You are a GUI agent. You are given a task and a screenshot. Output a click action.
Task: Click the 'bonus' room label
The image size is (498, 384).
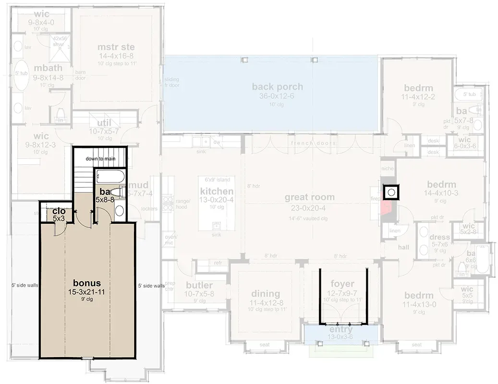87,281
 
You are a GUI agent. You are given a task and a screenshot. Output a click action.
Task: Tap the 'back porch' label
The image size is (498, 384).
278,87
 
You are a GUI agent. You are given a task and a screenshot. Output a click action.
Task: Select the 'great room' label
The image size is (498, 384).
309,197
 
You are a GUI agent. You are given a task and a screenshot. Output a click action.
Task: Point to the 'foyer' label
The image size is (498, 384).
342,284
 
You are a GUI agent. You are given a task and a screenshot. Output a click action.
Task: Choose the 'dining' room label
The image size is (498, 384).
266,293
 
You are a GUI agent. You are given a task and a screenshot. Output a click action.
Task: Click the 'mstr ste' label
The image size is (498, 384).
116,47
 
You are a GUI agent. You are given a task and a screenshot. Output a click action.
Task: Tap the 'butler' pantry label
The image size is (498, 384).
199,286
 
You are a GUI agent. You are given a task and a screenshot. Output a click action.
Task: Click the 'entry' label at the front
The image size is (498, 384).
341,330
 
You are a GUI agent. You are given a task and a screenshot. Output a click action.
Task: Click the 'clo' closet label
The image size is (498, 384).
59,211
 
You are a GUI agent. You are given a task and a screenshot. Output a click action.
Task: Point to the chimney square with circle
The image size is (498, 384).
391,192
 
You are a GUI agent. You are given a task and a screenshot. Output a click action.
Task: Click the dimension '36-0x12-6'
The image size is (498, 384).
278,96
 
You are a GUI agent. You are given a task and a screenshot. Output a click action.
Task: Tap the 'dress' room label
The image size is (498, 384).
440,237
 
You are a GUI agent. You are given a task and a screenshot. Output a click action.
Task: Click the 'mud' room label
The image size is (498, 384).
138,185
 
